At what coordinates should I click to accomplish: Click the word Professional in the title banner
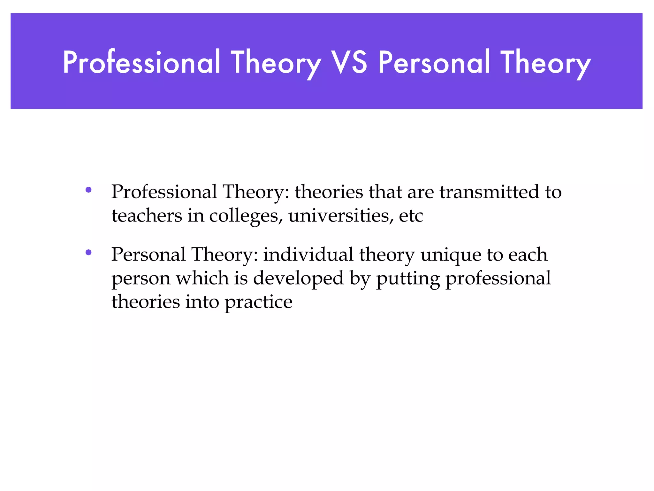[141, 62]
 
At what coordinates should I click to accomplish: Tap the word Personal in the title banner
[434, 62]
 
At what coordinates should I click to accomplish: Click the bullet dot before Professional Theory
[88, 190]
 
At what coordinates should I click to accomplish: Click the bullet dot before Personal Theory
[88, 253]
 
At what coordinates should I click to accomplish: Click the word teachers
[147, 215]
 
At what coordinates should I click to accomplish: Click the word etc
[411, 216]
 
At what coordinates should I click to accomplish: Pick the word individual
[308, 255]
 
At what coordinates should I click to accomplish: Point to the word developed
[298, 278]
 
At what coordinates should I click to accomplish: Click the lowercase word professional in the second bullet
[498, 278]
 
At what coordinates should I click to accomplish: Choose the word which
[202, 278]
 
